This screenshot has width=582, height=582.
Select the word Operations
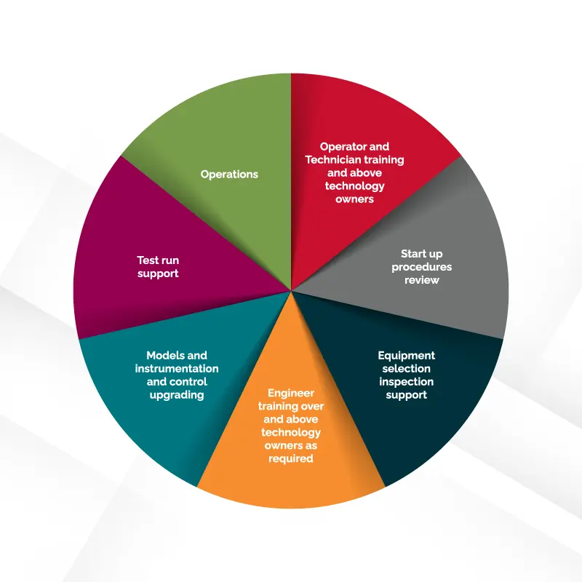[229, 174]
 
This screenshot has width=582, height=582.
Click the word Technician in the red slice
[334, 159]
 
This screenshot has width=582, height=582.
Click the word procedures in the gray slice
[422, 267]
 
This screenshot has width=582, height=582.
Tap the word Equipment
[407, 356]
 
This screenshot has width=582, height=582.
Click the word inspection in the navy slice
[407, 382]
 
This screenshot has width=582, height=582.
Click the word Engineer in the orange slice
[291, 393]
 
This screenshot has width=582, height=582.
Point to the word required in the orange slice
[291, 458]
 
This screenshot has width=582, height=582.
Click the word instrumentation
[177, 369]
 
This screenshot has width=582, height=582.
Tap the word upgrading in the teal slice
[177, 395]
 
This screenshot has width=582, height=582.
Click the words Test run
[158, 260]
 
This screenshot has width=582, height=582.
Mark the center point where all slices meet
[292, 291]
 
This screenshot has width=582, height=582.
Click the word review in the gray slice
[422, 280]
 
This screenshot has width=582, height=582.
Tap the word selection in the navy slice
[407, 369]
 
